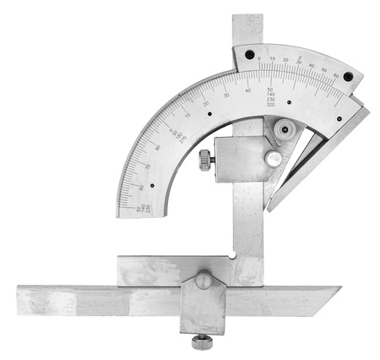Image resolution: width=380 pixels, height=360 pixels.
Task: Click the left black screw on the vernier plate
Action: (x=250, y=55)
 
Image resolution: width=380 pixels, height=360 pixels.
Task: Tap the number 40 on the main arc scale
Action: (x=248, y=90)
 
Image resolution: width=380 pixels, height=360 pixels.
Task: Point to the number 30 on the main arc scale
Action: (x=226, y=95)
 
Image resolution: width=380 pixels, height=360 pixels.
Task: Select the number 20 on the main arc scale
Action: (x=205, y=104)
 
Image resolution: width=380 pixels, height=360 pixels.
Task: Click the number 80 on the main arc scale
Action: (x=157, y=148)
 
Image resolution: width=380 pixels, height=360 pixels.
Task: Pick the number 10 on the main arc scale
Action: (x=187, y=116)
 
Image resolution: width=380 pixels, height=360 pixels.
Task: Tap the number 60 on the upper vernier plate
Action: (x=336, y=77)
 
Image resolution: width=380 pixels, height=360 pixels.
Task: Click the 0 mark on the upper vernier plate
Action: (x=260, y=59)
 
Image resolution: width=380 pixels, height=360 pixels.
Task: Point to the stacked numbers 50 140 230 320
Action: (x=270, y=97)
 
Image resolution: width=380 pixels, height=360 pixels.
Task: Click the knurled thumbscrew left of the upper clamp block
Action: (x=205, y=160)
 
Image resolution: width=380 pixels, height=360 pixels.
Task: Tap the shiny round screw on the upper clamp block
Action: (x=273, y=158)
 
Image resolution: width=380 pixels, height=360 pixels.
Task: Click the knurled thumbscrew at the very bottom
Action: (x=202, y=342)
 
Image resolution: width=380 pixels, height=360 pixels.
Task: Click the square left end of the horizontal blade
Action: (x=25, y=300)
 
